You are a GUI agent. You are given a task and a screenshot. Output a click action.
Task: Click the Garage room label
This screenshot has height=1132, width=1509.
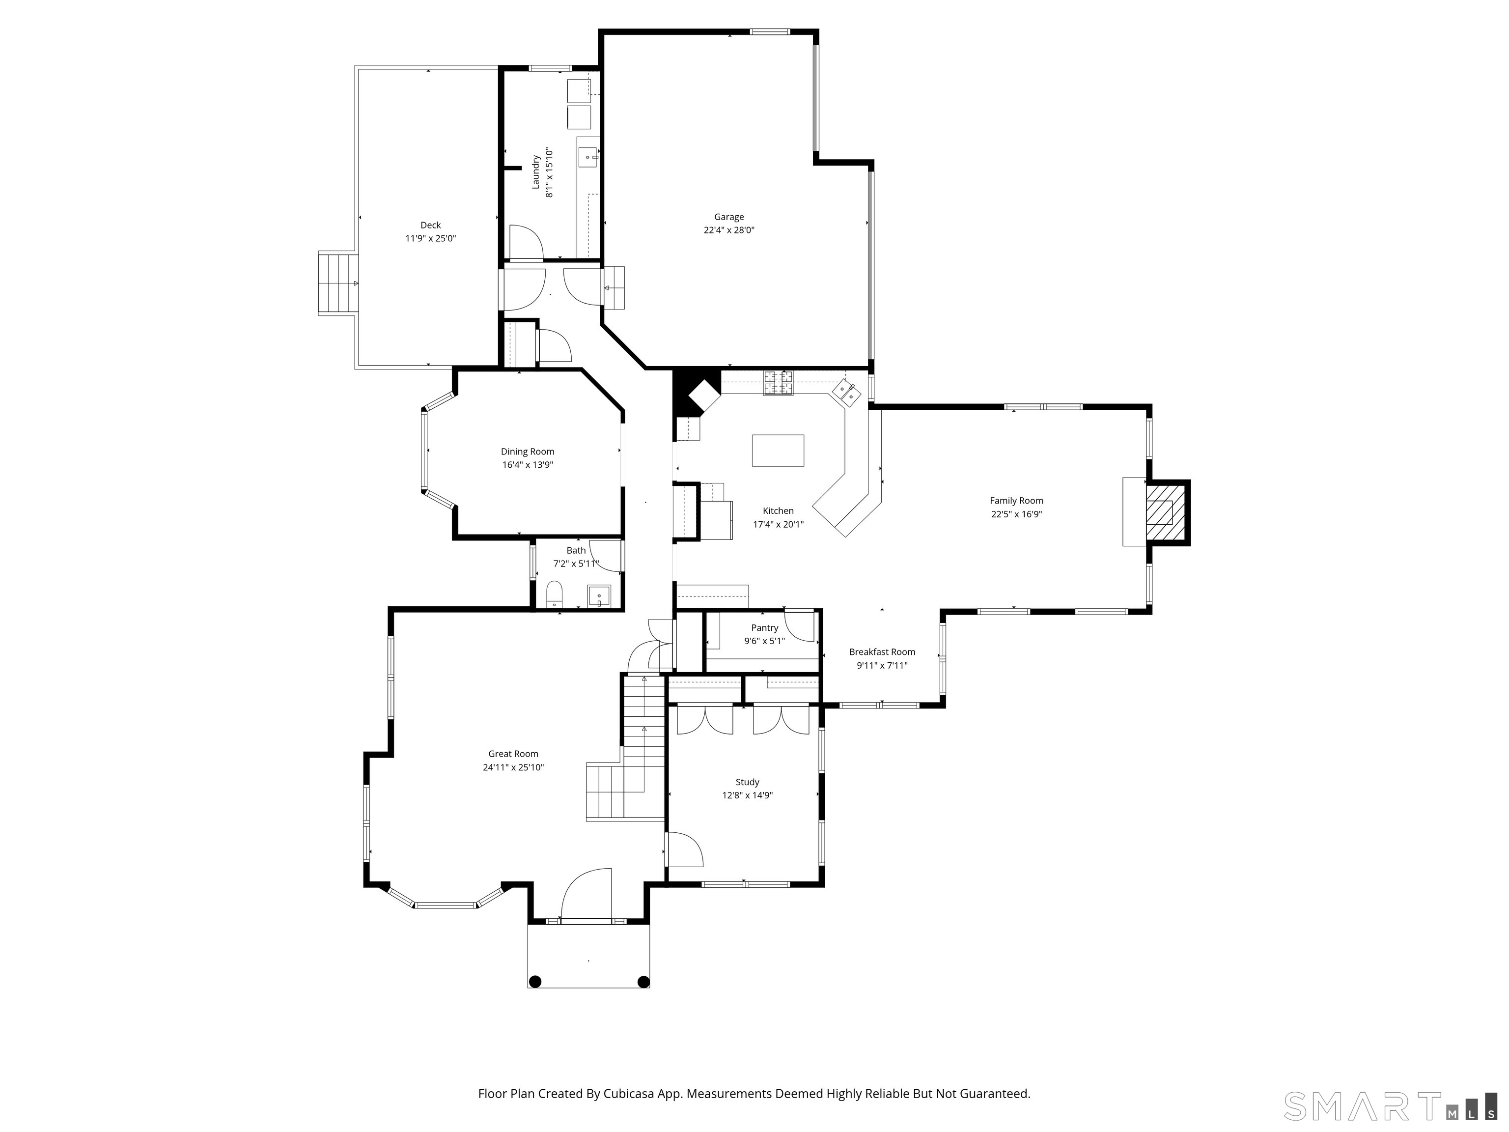point(728,217)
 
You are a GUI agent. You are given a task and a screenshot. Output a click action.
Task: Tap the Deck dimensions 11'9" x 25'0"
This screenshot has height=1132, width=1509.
point(430,238)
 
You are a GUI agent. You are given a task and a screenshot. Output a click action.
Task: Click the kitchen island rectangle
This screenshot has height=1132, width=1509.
point(778,451)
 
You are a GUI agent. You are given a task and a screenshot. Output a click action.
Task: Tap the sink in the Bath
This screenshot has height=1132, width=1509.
point(599,595)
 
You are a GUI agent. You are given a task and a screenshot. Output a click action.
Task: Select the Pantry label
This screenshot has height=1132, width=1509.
point(764,628)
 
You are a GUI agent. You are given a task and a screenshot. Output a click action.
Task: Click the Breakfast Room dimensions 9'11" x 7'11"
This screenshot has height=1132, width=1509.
point(882,665)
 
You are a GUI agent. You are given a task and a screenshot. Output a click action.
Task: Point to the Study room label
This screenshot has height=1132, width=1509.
point(747,782)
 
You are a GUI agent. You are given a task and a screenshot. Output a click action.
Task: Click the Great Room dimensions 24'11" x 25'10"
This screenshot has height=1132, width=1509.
point(513,767)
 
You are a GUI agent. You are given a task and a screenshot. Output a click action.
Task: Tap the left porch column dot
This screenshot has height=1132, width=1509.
point(535,981)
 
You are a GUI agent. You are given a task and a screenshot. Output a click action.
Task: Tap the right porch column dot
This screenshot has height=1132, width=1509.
point(643,981)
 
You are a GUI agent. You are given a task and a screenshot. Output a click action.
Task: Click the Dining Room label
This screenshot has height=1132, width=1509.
point(528,451)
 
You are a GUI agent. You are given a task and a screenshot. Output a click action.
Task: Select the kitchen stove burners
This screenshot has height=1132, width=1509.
point(778,382)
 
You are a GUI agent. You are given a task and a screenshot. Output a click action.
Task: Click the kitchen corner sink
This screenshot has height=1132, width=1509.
point(846,394)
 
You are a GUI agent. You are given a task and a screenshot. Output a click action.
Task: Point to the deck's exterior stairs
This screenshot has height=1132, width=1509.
point(337,283)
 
